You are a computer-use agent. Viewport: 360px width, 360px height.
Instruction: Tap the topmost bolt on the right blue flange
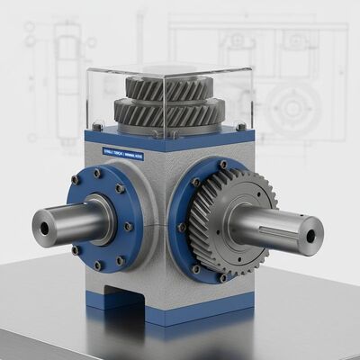[x=222, y=165]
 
